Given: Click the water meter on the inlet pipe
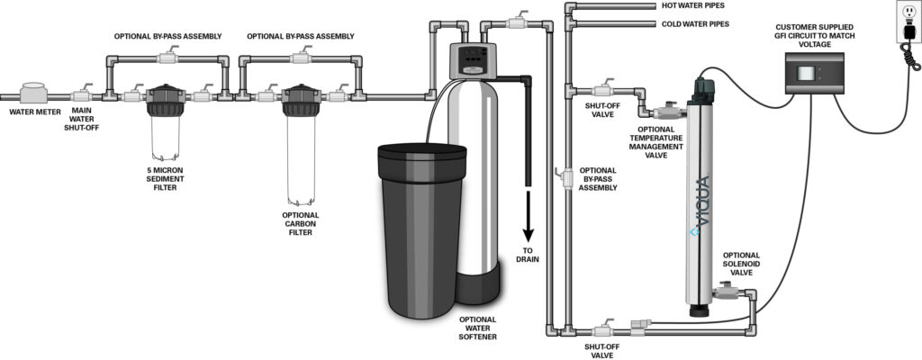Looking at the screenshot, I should point(34,93).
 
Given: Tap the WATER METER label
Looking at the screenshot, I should point(33,113).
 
